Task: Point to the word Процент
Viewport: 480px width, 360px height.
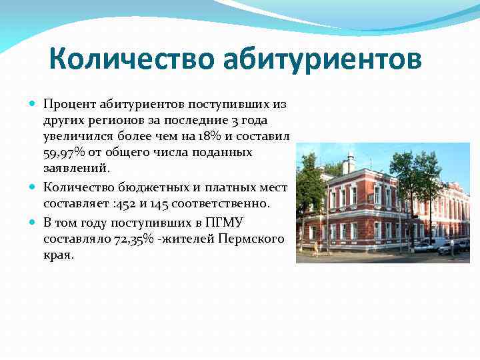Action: pyautogui.click(x=70, y=105)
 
